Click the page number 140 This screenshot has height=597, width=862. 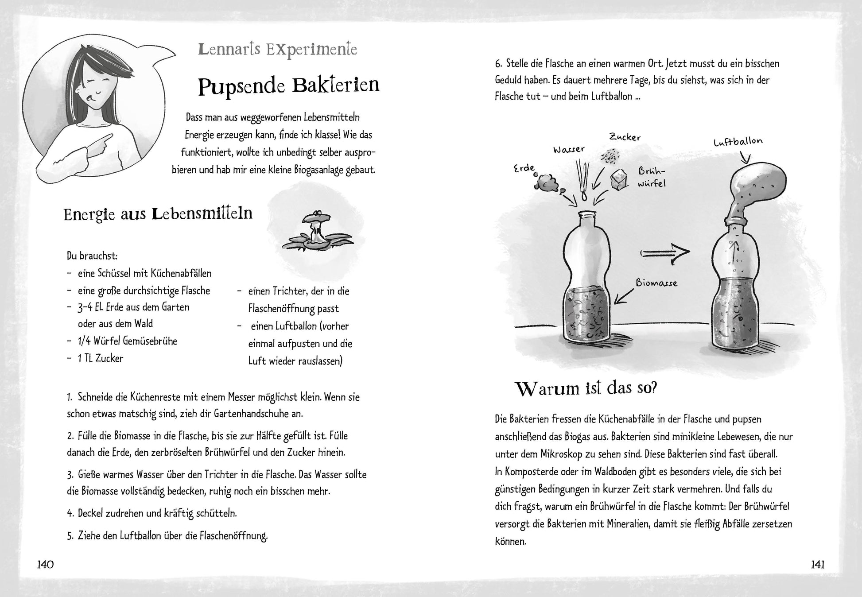pos(46,565)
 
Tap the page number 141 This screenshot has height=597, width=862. pos(817,565)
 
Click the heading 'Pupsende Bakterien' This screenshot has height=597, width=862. pos(288,86)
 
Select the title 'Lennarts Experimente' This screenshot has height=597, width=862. pos(277,49)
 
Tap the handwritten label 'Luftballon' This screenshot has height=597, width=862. pos(738,142)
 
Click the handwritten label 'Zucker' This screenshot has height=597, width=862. pos(625,137)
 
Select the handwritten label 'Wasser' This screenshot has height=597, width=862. pos(569,149)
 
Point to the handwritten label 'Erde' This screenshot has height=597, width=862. pos(524,168)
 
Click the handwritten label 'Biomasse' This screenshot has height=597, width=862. pos(656,282)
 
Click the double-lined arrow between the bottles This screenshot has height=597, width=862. pos(664,252)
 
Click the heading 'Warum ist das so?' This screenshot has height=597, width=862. pos(586,389)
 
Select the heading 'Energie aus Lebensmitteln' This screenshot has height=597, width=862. pos(158,214)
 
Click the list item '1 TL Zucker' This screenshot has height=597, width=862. pos(100,358)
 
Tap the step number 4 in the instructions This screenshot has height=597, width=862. pos(70,513)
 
